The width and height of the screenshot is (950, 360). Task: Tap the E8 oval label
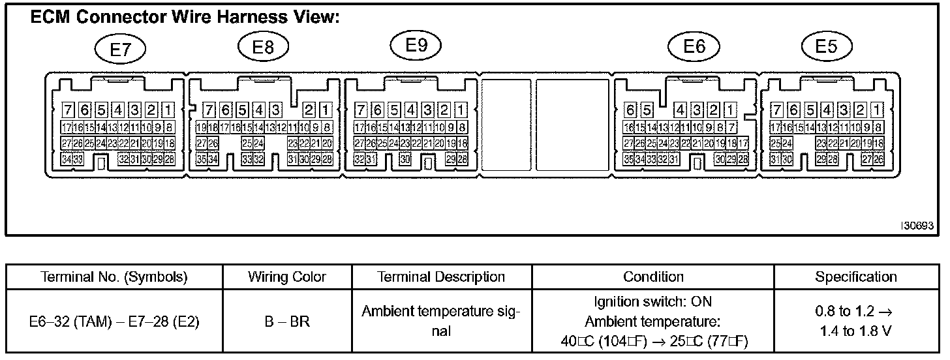tap(264, 48)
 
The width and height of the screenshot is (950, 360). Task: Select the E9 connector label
tap(416, 45)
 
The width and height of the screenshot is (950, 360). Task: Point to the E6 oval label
tap(694, 46)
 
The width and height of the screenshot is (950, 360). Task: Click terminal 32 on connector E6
tap(664, 158)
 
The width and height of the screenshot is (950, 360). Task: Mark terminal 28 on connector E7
tap(169, 158)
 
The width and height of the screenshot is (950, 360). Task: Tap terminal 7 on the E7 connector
tap(67, 110)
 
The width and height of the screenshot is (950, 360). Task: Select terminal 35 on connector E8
tap(202, 158)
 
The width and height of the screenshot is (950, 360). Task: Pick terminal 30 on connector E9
tap(405, 158)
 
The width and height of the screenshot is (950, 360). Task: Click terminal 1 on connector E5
tap(878, 110)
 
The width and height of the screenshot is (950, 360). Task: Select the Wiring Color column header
tap(287, 277)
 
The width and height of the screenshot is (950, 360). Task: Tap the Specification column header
tap(856, 277)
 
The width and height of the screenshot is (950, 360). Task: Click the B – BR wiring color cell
tap(287, 322)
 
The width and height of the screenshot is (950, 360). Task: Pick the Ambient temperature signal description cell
tap(442, 322)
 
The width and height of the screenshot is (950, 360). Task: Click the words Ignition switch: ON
tap(653, 302)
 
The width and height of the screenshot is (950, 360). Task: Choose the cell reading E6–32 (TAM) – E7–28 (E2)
tap(115, 322)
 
